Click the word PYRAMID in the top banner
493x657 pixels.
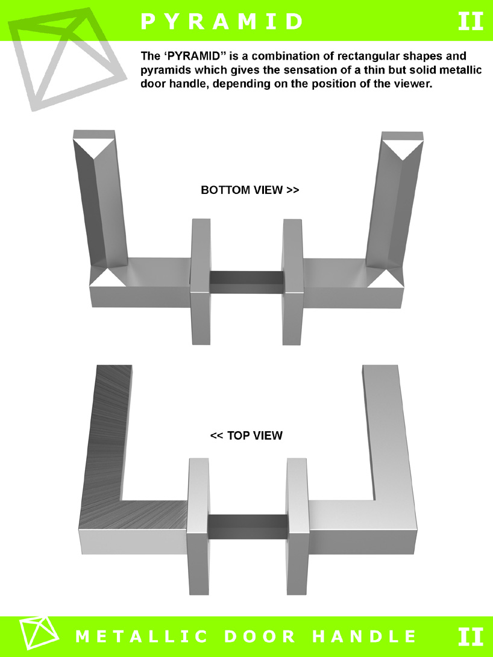pos(222,21)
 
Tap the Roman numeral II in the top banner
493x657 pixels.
pos(470,21)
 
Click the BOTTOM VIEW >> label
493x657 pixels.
pos(250,190)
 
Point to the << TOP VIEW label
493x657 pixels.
pos(246,435)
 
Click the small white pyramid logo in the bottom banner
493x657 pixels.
pos(39,633)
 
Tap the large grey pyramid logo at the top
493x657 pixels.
pos(67,58)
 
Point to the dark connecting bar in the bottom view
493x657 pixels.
pos(246,282)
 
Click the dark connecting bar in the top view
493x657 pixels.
pos(248,527)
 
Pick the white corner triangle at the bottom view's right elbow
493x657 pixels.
pos(386,279)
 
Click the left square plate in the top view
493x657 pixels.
pos(198,526)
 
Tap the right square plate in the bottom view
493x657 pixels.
pos(292,282)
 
